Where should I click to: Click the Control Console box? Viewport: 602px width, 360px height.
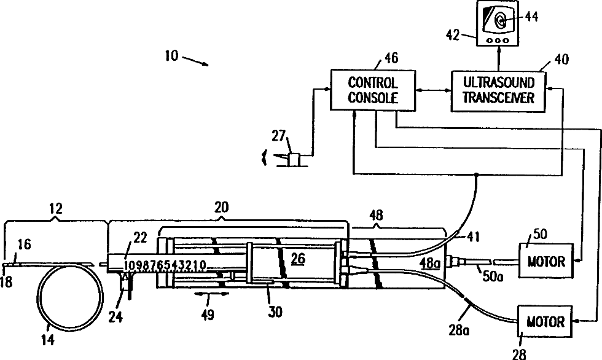[x=373, y=90]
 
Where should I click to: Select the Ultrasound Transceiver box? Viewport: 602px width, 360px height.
[x=498, y=91]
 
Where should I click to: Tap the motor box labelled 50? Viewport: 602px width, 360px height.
[x=545, y=260]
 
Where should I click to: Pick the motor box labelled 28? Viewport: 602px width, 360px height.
[x=545, y=321]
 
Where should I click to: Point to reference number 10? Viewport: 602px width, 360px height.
[x=171, y=56]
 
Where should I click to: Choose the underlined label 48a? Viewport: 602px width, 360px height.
[x=430, y=264]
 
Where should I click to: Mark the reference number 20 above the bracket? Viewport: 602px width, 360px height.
[x=221, y=207]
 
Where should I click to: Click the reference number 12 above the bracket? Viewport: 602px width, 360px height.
[x=56, y=208]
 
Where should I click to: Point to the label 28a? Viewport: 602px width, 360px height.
[x=459, y=330]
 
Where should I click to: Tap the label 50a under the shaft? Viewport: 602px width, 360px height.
[x=493, y=276]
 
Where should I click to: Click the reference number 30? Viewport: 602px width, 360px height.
[x=275, y=311]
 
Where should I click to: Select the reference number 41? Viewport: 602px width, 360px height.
[x=473, y=237]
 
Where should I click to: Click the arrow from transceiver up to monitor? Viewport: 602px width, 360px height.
[x=499, y=58]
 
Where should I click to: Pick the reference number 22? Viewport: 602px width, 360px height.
[x=140, y=238]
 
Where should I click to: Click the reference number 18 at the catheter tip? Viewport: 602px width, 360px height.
[x=6, y=282]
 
